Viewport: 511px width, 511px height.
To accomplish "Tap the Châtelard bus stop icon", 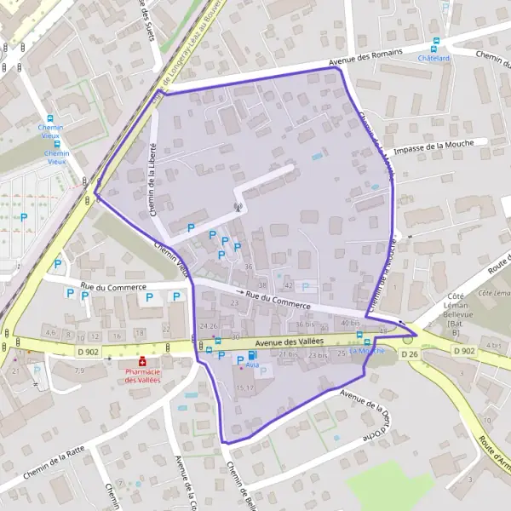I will (x=435, y=42).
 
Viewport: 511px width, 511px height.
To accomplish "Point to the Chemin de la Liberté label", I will (x=157, y=181).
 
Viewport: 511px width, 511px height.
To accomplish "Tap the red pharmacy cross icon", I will (x=142, y=361).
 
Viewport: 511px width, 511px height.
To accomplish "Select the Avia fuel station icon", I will (x=251, y=353).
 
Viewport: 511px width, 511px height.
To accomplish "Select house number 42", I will (x=289, y=284).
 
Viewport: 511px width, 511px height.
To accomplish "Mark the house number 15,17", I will (x=244, y=388).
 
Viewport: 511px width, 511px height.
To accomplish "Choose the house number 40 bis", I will (x=349, y=323).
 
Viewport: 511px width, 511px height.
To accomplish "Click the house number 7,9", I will (x=79, y=370).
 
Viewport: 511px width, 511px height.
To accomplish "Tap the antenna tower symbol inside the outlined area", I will (x=238, y=206).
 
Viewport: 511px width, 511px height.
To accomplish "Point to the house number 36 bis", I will (x=306, y=324).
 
